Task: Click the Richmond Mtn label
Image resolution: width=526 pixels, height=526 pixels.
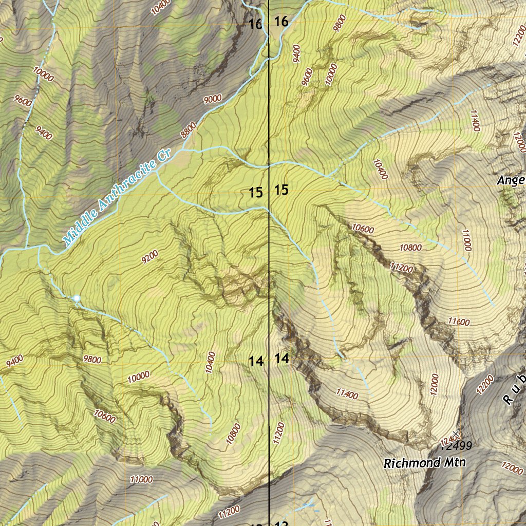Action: (x=425, y=463)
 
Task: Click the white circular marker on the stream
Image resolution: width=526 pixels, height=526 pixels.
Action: (x=77, y=298)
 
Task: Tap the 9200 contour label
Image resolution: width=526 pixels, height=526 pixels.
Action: (x=149, y=255)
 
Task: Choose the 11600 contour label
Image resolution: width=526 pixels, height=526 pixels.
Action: (x=459, y=322)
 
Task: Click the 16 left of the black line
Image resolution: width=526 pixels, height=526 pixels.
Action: (x=255, y=24)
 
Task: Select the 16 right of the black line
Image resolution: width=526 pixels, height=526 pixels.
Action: (x=281, y=22)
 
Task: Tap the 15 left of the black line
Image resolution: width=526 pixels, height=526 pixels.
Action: (x=256, y=193)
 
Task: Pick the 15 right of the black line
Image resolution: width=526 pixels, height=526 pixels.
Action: (x=281, y=191)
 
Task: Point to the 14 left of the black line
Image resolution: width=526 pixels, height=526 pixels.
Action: (x=256, y=362)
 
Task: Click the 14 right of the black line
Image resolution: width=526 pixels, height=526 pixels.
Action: (x=282, y=359)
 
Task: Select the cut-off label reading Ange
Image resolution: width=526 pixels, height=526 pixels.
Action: (x=511, y=180)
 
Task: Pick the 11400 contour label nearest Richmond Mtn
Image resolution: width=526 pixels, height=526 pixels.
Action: (x=347, y=394)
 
